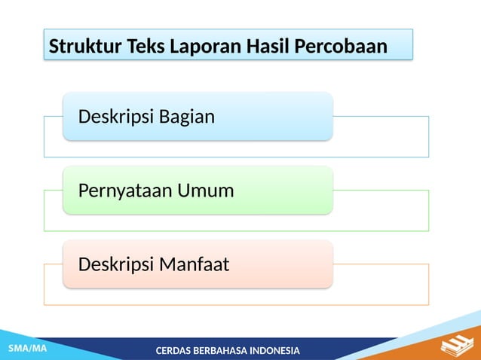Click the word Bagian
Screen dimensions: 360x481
[x=187, y=117]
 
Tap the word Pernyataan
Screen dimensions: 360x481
[x=125, y=191]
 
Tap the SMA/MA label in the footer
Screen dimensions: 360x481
[x=27, y=349]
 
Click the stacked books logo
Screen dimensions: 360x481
[x=456, y=346]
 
